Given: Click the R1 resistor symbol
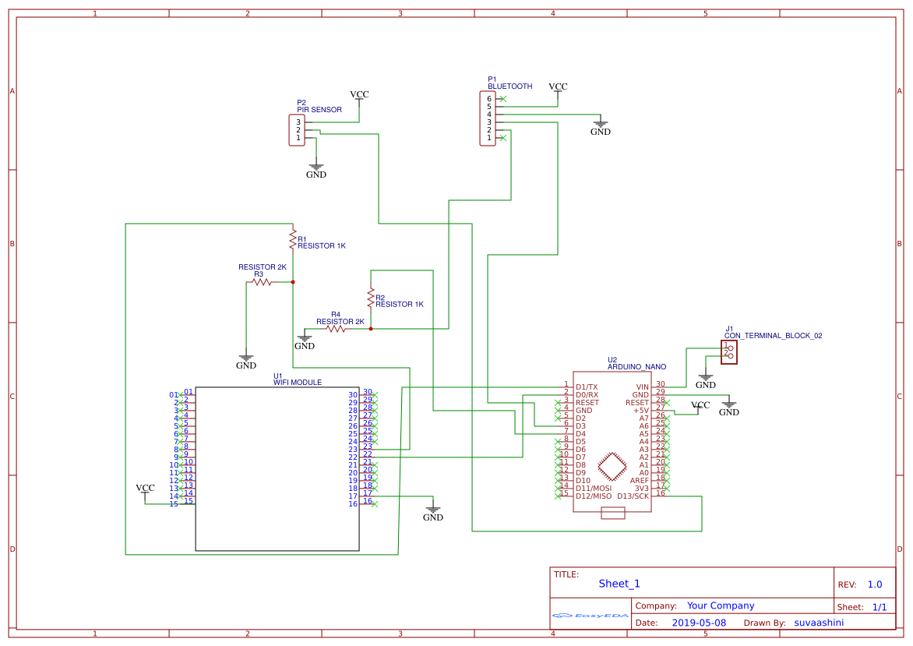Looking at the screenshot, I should click(x=292, y=239).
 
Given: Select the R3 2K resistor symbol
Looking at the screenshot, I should click(x=262, y=282).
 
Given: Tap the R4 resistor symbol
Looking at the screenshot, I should click(x=336, y=329).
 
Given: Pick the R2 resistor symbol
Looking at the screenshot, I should click(x=370, y=298).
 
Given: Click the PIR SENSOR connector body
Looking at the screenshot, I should click(x=297, y=129).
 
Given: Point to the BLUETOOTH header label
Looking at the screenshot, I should click(x=509, y=86).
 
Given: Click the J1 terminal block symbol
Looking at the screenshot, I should click(x=730, y=351).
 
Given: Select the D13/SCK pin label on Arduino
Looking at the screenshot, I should click(x=633, y=496).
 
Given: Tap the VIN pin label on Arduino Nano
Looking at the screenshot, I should click(x=642, y=387).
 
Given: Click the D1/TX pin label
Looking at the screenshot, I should click(x=587, y=387).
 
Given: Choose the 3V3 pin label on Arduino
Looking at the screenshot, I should click(x=641, y=488).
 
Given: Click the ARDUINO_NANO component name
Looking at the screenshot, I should click(x=636, y=366).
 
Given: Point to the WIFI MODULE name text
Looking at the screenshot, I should click(x=297, y=383).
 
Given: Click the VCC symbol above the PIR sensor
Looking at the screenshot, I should click(x=359, y=95).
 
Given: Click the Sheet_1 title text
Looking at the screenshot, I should click(x=619, y=584).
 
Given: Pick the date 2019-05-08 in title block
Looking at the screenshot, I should click(x=699, y=623).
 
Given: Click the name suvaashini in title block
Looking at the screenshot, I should click(x=818, y=623).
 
